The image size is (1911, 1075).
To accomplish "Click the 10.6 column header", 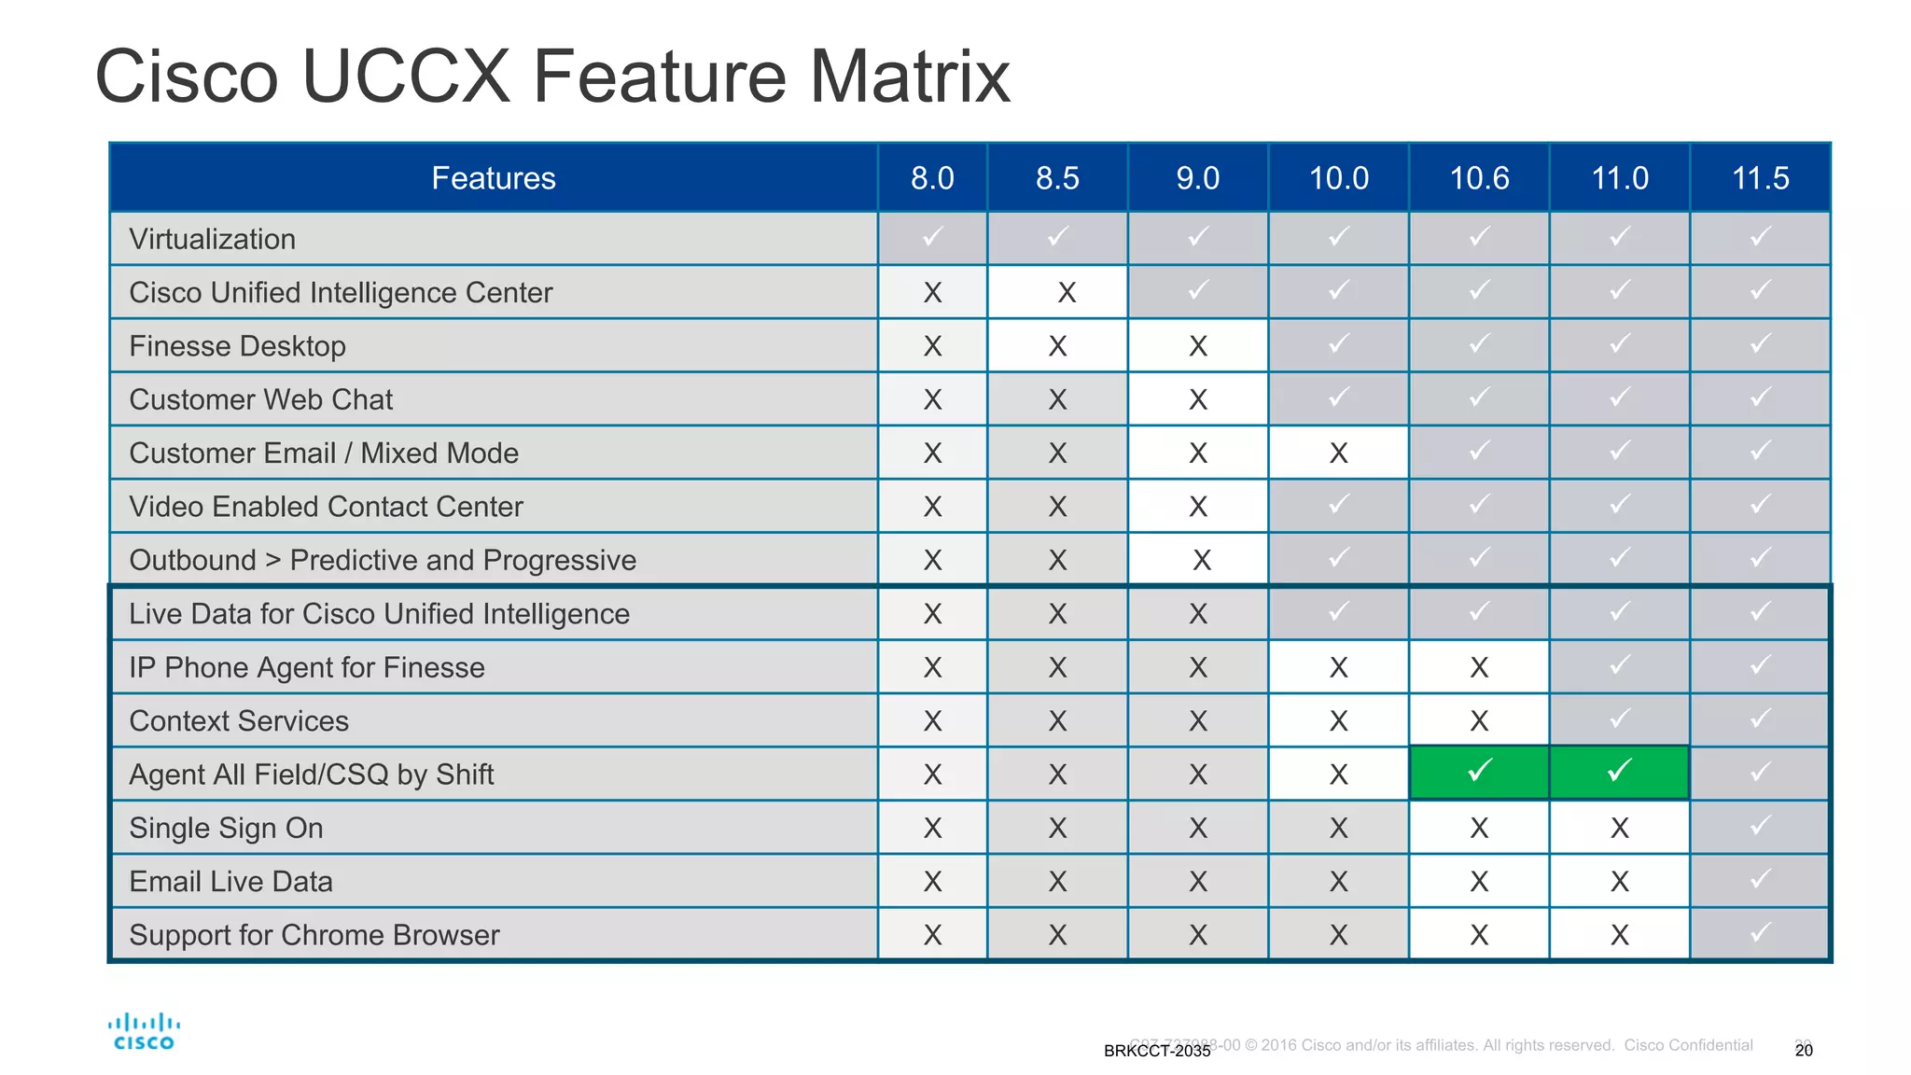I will pos(1479,177).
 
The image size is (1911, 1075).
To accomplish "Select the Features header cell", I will pos(494,177).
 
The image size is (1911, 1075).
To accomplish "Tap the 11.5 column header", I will pos(1760,177).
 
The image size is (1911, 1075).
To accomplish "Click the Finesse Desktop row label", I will pos(237,346).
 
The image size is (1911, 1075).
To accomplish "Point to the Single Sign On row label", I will pos(226,828).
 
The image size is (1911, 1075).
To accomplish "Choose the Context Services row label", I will pos(239,721).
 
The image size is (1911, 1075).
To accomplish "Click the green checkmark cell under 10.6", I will pos(1479,772).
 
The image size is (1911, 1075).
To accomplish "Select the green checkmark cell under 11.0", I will pos(1620,772).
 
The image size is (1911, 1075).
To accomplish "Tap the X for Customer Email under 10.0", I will pos(1338,454).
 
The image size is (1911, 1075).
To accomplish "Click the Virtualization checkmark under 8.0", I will pos(932,237).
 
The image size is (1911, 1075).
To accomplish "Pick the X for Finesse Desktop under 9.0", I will pos(1198,346).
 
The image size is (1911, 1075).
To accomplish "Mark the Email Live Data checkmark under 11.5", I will pos(1760,880).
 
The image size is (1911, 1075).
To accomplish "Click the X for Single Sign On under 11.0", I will pos(1620,828).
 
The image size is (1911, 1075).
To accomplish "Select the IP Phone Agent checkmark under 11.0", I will pos(1620,665).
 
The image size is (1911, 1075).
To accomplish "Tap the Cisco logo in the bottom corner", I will pos(144,1032).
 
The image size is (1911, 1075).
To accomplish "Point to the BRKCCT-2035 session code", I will pos(1157,1052).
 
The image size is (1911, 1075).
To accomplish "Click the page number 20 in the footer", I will pos(1804,1051).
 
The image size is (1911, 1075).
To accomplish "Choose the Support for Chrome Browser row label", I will pos(314,935).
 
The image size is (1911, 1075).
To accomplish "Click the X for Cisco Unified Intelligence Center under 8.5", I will pos(1067,293).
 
